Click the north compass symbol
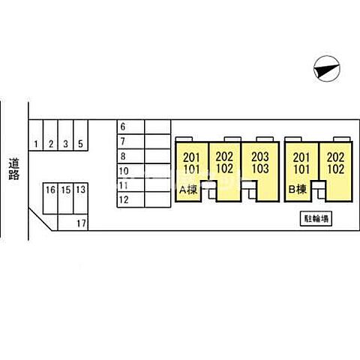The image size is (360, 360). (327, 69)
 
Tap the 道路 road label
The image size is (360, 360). (14, 169)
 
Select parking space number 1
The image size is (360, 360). (36, 135)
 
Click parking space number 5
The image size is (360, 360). (80, 135)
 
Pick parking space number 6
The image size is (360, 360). (130, 127)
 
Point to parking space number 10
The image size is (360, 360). (130, 171)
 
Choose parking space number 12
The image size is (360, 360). (130, 199)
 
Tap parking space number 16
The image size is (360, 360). (50, 199)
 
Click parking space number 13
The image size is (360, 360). (80, 199)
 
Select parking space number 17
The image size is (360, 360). (73, 222)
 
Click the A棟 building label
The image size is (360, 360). (188, 190)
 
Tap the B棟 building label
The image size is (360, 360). (298, 189)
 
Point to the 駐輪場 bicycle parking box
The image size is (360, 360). (316, 219)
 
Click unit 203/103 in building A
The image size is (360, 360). (260, 172)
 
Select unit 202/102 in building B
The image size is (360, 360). (335, 172)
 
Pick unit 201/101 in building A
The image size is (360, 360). (192, 172)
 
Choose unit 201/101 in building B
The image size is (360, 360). (301, 172)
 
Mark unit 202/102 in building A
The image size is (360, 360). (224, 172)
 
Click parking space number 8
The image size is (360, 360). (130, 156)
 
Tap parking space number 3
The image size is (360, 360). (66, 135)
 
